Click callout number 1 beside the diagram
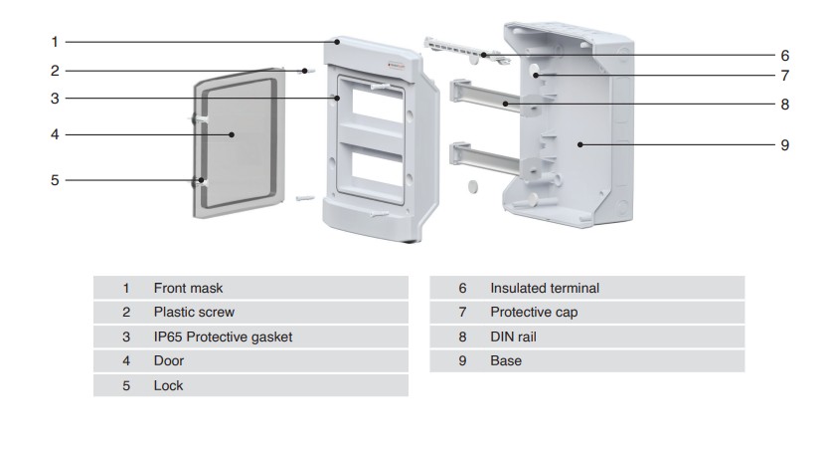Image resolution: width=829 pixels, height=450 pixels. [x=55, y=42]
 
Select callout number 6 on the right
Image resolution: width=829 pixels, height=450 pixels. [x=784, y=56]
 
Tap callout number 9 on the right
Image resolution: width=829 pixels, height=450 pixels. [x=784, y=145]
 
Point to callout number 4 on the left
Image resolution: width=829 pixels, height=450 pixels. [x=55, y=134]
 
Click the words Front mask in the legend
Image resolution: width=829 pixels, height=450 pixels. [x=188, y=288]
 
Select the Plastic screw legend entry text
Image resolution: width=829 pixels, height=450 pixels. [x=194, y=313]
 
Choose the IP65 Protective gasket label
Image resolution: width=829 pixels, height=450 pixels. [x=223, y=337]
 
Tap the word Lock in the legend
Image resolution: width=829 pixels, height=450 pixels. [x=168, y=385]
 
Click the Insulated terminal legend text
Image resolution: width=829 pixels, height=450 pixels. [x=545, y=288]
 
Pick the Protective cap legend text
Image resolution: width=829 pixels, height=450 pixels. [x=534, y=313]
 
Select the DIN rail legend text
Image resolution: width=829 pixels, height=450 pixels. [x=513, y=337]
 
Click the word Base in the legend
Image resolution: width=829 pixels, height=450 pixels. [x=506, y=361]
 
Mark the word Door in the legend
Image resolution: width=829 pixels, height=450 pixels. [x=169, y=361]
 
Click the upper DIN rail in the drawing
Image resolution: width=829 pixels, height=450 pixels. [x=486, y=98]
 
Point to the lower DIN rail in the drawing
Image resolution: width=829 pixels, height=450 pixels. [x=485, y=158]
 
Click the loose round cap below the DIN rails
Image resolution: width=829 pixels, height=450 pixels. [x=473, y=186]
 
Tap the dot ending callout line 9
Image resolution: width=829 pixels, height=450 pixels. [x=580, y=144]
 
